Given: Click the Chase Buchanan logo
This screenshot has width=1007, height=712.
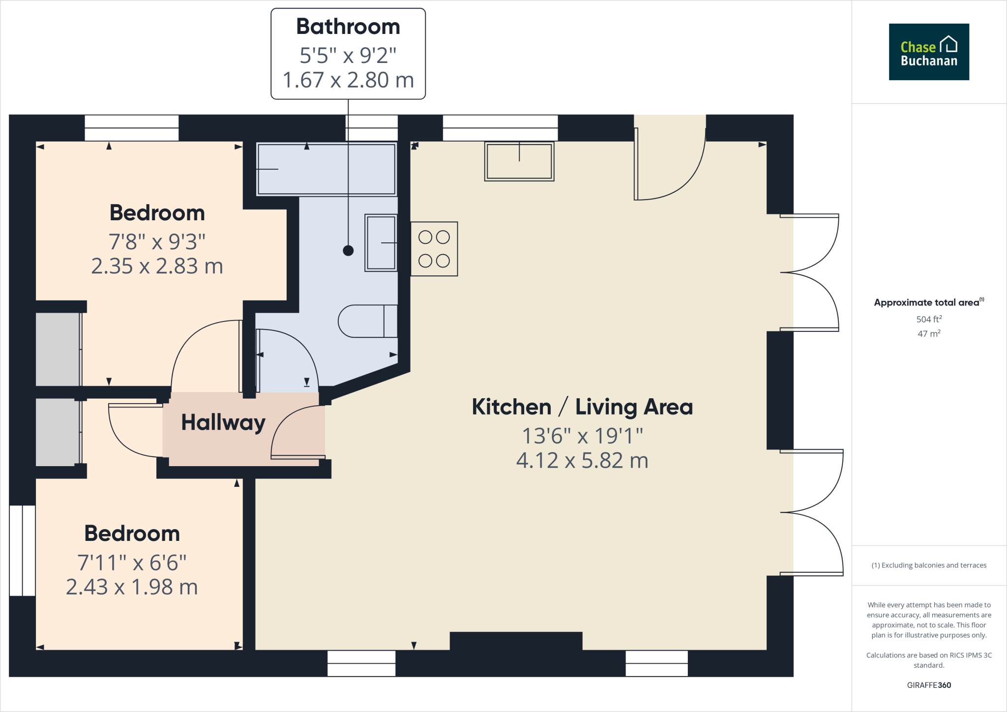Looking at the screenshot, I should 928,52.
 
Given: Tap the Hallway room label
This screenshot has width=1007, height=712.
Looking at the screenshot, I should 223,422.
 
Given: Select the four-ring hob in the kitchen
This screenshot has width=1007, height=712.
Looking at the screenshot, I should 434,249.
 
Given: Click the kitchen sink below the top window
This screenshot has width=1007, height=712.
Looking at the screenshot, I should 519,161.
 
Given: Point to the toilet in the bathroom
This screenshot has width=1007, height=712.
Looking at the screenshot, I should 368,321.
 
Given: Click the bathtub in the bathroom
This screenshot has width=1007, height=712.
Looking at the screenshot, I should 326,169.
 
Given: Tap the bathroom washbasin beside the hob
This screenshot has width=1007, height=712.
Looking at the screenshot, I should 381,243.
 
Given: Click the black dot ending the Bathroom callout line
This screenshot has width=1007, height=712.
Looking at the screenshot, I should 348,251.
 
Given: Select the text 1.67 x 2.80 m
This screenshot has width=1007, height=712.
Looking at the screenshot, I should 348,80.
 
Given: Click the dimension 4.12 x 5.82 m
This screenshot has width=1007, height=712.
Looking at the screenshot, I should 582,461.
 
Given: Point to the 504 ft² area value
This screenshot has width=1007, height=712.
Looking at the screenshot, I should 928,319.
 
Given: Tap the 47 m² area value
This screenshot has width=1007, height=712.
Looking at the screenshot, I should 928,333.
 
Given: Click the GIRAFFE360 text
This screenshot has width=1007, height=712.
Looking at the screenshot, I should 928,685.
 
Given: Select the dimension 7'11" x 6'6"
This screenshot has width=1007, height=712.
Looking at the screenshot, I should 132,563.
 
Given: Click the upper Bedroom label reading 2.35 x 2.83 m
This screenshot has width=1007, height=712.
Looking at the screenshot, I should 157,266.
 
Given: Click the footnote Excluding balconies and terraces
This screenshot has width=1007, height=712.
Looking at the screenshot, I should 928,565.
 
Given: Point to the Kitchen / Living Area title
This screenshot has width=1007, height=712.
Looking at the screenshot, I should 582,407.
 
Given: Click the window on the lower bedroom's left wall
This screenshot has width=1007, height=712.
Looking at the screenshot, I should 23,550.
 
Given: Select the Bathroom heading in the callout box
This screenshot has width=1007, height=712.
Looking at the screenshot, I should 348,27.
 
